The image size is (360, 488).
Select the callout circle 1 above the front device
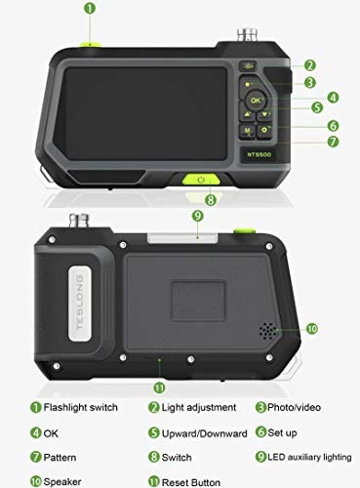pos(90,9)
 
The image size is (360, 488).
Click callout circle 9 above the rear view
pos(197,216)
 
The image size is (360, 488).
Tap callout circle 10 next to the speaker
pos(311,329)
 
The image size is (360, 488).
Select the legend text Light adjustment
pos(198,407)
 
